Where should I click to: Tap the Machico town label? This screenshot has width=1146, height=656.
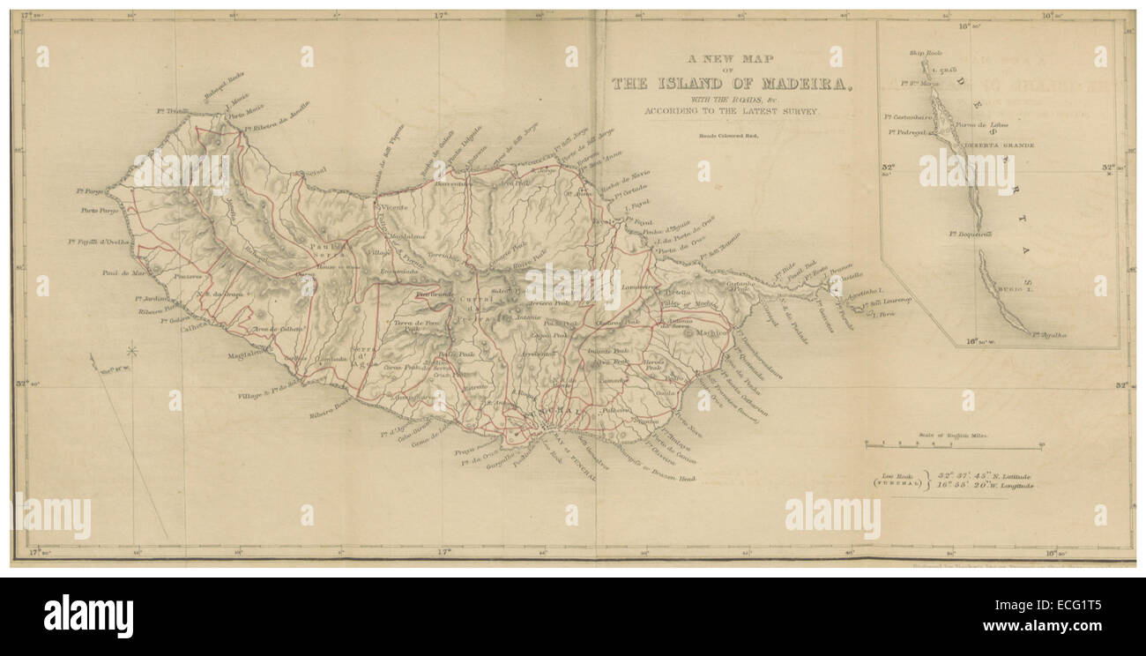(711, 333)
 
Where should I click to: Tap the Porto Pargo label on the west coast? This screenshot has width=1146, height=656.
(100, 210)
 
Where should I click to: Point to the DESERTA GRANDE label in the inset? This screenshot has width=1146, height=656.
(999, 144)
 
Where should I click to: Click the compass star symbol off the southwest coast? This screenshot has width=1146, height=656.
(132, 351)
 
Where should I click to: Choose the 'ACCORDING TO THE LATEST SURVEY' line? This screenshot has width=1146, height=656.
(731, 112)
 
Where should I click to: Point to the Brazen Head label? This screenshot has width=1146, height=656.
(674, 477)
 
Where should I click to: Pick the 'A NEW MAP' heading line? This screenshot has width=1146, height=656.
(731, 58)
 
